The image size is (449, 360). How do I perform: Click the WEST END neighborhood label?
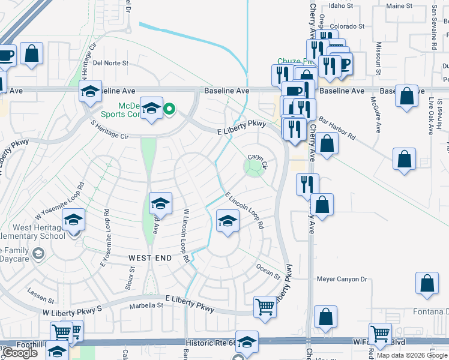point(150,257)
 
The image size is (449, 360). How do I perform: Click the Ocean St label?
point(268,271)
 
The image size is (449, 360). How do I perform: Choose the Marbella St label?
point(146,305)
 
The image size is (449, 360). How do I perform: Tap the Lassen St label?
point(41,295)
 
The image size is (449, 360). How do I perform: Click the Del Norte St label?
point(111,62)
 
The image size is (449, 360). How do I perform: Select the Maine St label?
point(400,5)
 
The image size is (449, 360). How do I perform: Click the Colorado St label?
point(346,26)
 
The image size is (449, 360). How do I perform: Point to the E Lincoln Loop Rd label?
point(245,211)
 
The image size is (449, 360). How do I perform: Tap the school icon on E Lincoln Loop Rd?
point(228,221)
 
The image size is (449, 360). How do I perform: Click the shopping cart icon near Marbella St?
point(265,307)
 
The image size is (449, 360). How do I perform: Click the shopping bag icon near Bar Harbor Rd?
point(327,144)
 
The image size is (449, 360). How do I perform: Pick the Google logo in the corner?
point(19,353)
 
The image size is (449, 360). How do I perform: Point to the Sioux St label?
point(131,275)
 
